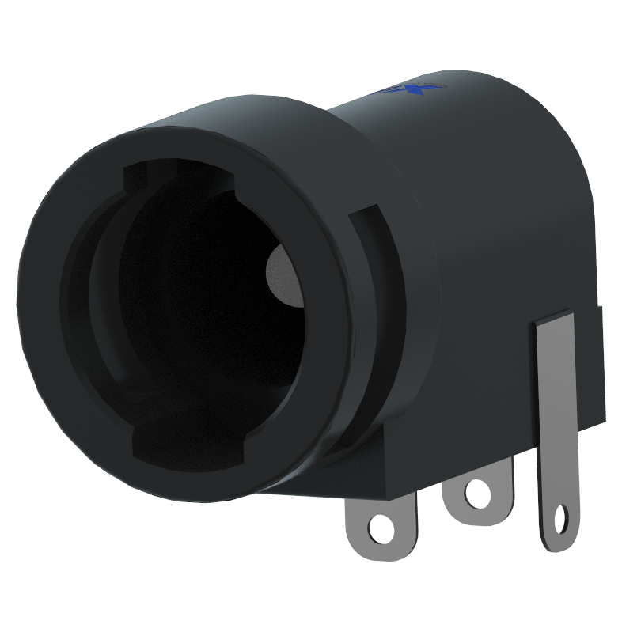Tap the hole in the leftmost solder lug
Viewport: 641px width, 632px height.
382,528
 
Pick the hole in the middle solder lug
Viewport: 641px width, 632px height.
478,494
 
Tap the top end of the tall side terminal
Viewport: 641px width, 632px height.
555,320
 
